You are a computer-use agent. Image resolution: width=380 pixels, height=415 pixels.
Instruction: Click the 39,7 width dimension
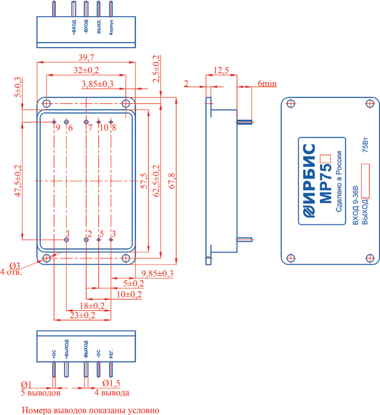[x=86, y=57]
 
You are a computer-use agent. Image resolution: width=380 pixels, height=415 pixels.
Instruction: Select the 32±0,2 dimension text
[x=86, y=70]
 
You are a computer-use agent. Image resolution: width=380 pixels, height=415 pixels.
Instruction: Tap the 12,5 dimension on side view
[x=221, y=70]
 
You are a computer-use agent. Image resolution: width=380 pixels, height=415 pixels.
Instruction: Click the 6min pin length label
[x=267, y=84]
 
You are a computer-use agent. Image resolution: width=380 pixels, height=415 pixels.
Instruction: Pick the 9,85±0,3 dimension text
[x=157, y=273]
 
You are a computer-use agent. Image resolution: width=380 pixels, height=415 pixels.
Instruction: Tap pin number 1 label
[x=68, y=234]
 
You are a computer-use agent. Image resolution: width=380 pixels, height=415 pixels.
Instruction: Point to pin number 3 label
[x=113, y=234]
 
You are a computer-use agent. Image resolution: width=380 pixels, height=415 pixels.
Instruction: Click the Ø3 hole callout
[x=15, y=266]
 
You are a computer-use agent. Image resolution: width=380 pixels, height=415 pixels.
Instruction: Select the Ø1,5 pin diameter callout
[x=111, y=383]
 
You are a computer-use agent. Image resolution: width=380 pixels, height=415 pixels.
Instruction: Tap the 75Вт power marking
[x=365, y=144]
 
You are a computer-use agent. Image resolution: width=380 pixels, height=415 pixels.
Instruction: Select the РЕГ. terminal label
[x=111, y=354]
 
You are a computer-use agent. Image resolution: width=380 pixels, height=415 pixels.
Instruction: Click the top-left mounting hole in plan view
[x=46, y=104]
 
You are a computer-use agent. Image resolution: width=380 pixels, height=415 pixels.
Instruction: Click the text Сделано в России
[x=339, y=181]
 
